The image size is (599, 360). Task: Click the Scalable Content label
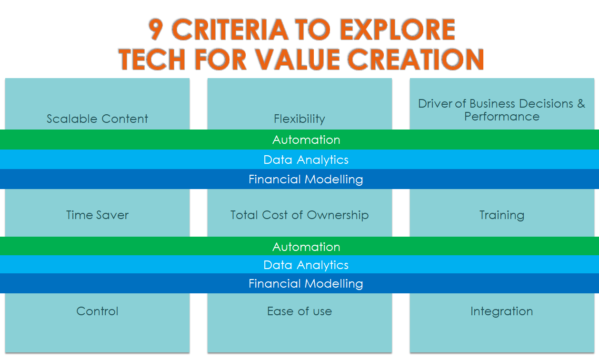(x=98, y=119)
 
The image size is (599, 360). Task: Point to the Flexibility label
(x=299, y=119)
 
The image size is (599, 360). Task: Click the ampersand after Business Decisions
(x=581, y=104)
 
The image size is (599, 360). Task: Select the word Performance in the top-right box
(x=502, y=117)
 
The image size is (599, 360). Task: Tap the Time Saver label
(x=98, y=215)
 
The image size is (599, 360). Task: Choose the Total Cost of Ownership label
(x=299, y=215)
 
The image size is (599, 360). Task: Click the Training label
(x=502, y=215)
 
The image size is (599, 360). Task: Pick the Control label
(x=98, y=311)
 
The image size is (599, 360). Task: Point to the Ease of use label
(x=299, y=311)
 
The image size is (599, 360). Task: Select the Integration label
(x=502, y=311)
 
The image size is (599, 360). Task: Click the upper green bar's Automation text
(x=306, y=140)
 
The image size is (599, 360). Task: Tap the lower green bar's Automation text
(x=306, y=247)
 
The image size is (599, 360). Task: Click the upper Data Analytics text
(x=306, y=160)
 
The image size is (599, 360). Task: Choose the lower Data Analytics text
(x=306, y=265)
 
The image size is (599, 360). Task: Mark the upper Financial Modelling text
(x=306, y=180)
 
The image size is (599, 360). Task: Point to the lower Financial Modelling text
(x=306, y=284)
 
